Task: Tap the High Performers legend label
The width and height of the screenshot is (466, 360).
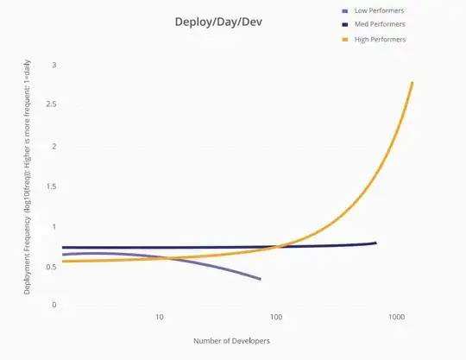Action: (x=380, y=40)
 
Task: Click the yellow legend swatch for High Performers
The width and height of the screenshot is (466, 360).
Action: (x=346, y=40)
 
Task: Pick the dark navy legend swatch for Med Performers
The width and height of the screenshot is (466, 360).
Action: (x=346, y=25)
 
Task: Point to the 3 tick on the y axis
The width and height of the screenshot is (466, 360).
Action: (x=54, y=66)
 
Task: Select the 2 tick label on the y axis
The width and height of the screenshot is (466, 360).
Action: (x=54, y=146)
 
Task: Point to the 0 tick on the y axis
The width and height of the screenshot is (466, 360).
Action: (x=54, y=305)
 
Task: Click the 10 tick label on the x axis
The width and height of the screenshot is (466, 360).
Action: (x=160, y=318)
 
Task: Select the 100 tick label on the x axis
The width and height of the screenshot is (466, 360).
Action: (x=278, y=318)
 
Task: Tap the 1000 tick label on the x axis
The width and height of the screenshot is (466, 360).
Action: (x=396, y=318)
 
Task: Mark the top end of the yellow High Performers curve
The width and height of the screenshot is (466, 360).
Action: (x=412, y=83)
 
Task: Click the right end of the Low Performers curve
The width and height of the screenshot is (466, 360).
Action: (x=260, y=279)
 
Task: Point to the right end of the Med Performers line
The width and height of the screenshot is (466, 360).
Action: (x=375, y=243)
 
